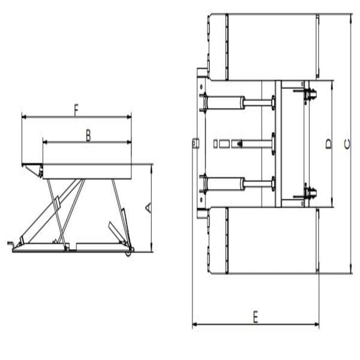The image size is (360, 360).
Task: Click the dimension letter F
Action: (x=76, y=110)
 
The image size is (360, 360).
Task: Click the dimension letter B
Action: (x=88, y=136)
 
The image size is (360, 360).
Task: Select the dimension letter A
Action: (x=148, y=208)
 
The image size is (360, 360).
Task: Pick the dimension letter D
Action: (x=328, y=143)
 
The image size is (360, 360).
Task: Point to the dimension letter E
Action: (x=255, y=317)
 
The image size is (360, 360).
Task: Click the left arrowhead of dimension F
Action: (x=24, y=118)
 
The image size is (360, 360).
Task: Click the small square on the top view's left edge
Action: (x=195, y=142)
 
